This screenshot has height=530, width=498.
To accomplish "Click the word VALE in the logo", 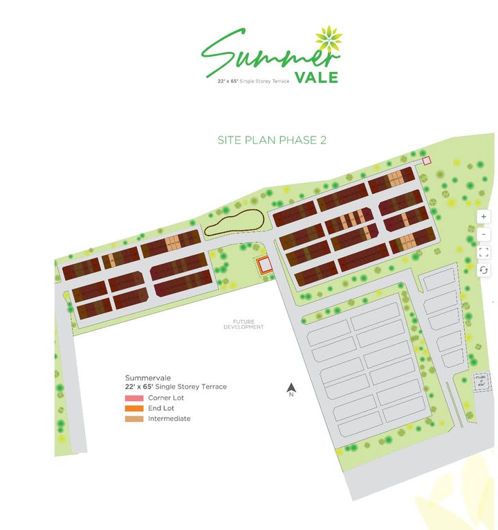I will tap(316, 78).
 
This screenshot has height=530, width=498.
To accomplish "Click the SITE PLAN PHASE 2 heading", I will tap(272, 140).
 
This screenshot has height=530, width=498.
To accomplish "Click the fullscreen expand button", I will tap(484, 252).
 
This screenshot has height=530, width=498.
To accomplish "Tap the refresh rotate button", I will tap(484, 270).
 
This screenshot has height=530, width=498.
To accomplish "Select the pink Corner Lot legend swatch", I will tap(134, 398).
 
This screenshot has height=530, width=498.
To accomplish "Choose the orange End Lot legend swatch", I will tap(134, 409).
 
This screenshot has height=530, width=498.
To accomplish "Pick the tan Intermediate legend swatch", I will tap(134, 418).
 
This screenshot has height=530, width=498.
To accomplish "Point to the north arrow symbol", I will tap(292, 389).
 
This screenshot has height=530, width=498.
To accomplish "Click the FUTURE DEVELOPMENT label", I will tap(243, 324).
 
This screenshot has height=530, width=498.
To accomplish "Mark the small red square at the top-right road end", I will tap(427, 161).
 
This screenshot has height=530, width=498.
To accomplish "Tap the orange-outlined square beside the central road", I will tap(263, 265).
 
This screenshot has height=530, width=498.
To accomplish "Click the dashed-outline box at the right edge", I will tap(480, 381).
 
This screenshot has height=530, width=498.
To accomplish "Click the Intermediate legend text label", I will tap(169, 418).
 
